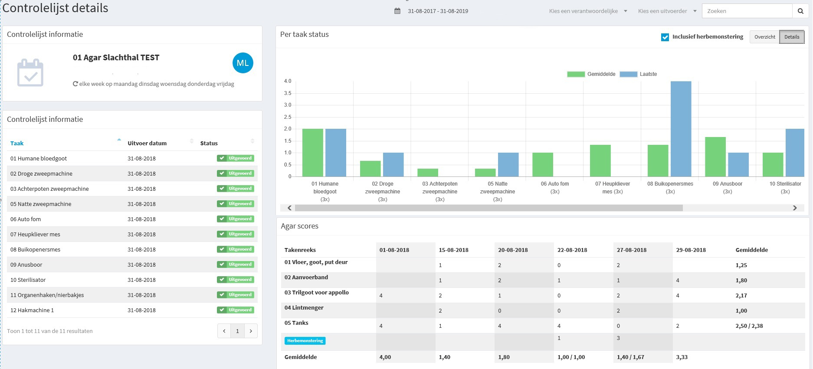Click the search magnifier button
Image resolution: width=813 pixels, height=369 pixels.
pyautogui.click(x=800, y=11)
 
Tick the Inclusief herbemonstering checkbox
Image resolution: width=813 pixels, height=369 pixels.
pyautogui.click(x=665, y=37)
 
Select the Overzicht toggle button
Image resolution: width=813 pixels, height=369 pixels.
pyautogui.click(x=764, y=37)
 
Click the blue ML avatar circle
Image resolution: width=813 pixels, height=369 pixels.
pyautogui.click(x=243, y=63)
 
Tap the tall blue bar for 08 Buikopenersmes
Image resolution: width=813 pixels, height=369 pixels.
pyautogui.click(x=681, y=129)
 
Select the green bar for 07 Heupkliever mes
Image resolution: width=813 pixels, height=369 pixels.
pyautogui.click(x=600, y=160)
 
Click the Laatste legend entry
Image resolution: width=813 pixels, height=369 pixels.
pyautogui.click(x=639, y=74)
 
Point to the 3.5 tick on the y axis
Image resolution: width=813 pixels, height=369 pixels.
pyautogui.click(x=288, y=93)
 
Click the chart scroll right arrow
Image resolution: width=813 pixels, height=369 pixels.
pyautogui.click(x=795, y=208)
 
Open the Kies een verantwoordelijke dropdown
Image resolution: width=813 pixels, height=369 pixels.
pyautogui.click(x=588, y=11)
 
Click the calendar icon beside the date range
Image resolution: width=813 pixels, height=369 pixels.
pyautogui.click(x=397, y=11)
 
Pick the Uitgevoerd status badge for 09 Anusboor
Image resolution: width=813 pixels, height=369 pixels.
pyautogui.click(x=236, y=265)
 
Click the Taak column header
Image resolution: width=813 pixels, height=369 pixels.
pyautogui.click(x=17, y=143)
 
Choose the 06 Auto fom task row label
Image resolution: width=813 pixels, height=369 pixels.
pyautogui.click(x=26, y=219)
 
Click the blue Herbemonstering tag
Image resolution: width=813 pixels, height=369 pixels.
pyautogui.click(x=305, y=341)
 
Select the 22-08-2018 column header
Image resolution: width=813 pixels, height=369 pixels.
pyautogui.click(x=572, y=250)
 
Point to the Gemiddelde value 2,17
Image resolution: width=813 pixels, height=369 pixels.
pyautogui.click(x=741, y=295)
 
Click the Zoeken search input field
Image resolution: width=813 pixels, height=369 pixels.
pyautogui.click(x=747, y=11)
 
